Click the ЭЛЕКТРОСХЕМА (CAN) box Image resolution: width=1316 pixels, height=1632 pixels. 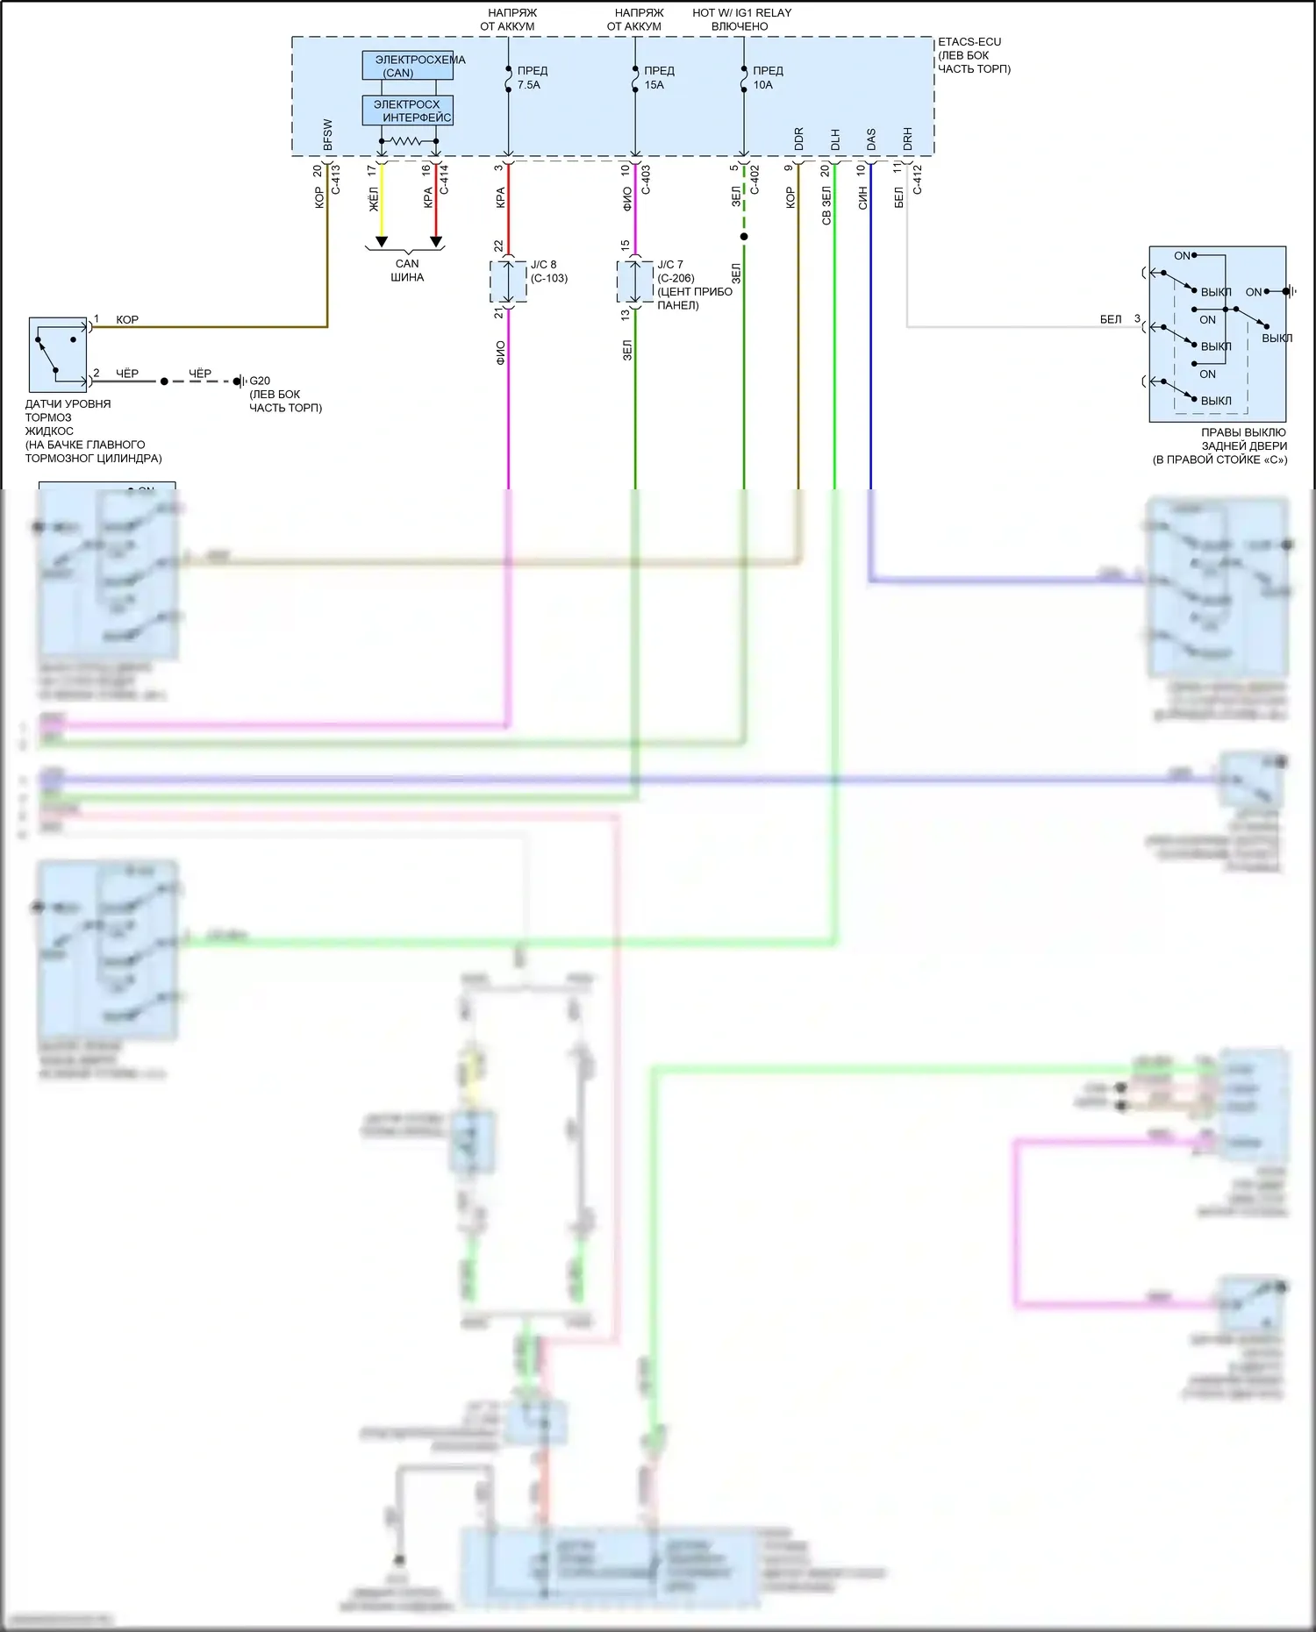click(408, 66)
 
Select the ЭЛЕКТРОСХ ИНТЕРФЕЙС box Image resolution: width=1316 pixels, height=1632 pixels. click(408, 110)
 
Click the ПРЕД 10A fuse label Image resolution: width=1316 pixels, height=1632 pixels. click(767, 78)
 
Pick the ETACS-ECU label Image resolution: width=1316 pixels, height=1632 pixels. click(969, 42)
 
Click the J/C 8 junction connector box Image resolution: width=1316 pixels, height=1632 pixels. click(508, 281)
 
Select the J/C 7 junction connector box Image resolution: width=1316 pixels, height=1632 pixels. click(635, 282)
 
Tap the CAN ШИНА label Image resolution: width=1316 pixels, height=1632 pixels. click(407, 270)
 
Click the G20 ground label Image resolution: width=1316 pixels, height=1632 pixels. click(260, 381)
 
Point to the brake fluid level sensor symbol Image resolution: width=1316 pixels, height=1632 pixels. click(58, 354)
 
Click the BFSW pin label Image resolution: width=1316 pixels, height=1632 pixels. click(328, 135)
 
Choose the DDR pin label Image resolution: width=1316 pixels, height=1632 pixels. click(799, 139)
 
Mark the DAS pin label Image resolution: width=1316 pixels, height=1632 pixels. click(871, 139)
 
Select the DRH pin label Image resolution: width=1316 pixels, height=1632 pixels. click(908, 139)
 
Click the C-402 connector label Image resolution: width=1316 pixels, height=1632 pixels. click(755, 179)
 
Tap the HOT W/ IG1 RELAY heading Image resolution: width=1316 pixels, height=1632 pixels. click(741, 13)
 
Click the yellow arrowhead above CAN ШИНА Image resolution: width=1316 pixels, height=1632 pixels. click(382, 241)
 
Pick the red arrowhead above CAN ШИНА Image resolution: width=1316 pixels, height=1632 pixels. click(436, 241)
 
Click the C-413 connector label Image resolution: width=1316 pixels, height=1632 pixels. click(335, 179)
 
